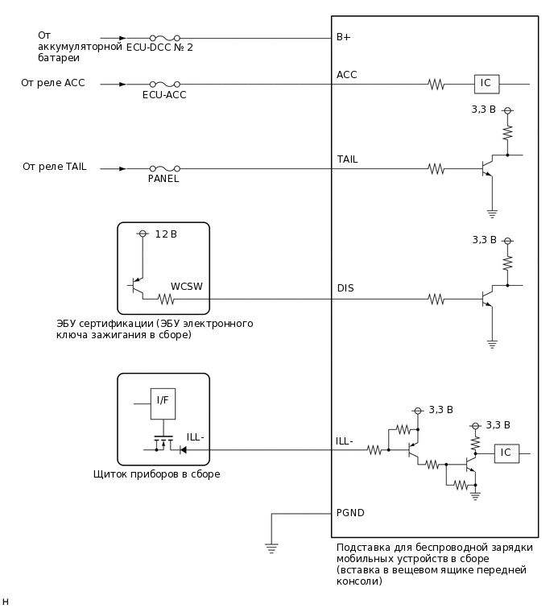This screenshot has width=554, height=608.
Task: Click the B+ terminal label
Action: point(343,37)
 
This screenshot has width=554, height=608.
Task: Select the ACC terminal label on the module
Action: point(346,75)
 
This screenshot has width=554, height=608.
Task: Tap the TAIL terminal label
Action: point(347,159)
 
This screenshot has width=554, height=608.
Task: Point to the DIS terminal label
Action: point(345,288)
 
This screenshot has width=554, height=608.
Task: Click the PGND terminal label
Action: point(350,512)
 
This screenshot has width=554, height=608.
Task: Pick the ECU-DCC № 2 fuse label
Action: point(159,48)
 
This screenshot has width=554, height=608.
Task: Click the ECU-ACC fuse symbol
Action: point(164,84)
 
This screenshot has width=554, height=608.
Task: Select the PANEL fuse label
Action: point(163,179)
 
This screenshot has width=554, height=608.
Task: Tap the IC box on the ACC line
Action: point(486,84)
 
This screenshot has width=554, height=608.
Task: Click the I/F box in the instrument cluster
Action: point(162,401)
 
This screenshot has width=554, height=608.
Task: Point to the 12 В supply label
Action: point(166,234)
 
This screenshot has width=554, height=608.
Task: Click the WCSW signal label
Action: point(186,287)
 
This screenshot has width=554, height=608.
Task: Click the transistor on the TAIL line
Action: point(488,168)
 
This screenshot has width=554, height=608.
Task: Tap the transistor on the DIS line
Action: point(488,299)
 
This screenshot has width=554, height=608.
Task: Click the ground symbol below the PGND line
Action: point(271,548)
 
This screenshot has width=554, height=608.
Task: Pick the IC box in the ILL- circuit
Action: point(506,453)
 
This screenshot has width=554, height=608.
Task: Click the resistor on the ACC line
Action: point(436,84)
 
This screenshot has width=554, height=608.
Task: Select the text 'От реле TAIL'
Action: point(54,167)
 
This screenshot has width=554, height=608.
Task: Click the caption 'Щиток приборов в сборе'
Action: point(156,474)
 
